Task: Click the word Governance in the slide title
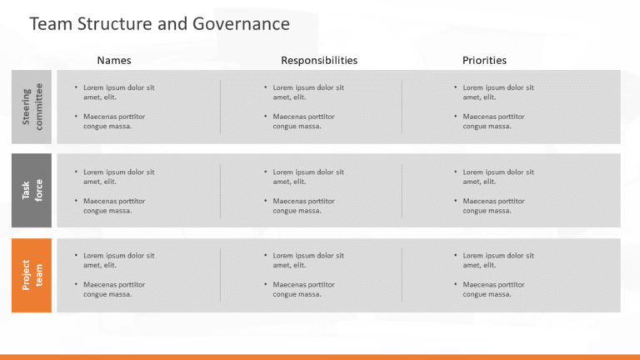[241, 23]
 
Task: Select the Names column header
[114, 60]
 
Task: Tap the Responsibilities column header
[319, 60]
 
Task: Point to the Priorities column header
[484, 60]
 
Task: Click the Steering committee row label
[32, 107]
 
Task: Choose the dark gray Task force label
[32, 190]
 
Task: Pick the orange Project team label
[32, 275]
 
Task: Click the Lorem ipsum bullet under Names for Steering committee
[119, 92]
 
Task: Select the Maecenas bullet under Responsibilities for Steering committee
[303, 121]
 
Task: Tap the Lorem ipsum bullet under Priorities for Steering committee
[498, 92]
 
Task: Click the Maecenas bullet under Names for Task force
[114, 206]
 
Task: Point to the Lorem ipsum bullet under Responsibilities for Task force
[308, 177]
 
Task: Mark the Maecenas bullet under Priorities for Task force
[493, 206]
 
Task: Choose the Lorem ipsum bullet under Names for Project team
[119, 260]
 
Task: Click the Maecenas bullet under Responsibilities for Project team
[303, 289]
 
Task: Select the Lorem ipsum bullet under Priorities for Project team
[498, 260]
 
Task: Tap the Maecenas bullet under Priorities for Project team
[493, 289]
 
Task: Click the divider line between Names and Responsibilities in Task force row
[220, 191]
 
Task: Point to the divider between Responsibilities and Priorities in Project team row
[402, 275]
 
